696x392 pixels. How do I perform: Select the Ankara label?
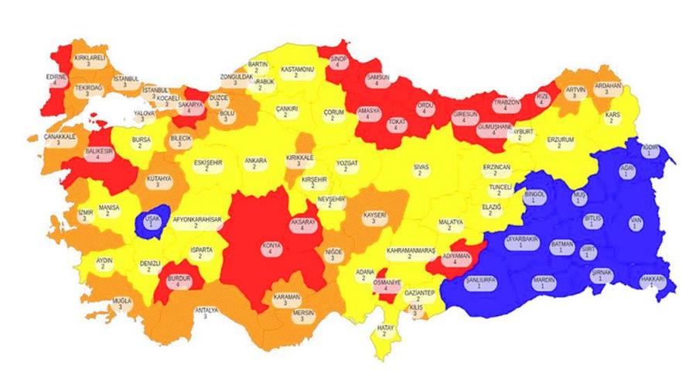pyautogui.click(x=255, y=164)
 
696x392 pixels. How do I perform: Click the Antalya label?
pyautogui.click(x=205, y=314)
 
